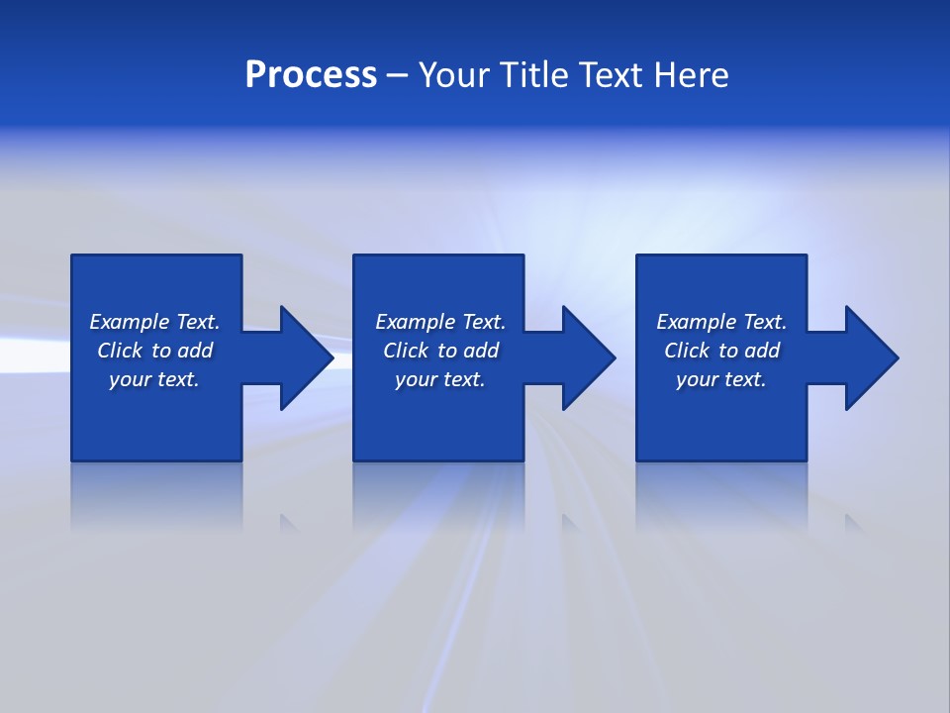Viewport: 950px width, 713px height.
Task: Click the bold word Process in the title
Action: coord(311,75)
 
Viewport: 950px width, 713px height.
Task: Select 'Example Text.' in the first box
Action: coord(154,322)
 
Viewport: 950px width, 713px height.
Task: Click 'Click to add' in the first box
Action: coord(154,351)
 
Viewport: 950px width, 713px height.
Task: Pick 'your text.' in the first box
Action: coord(154,379)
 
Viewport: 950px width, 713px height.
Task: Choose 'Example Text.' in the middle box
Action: coord(440,322)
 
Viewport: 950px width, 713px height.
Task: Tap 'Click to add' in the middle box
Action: coord(440,351)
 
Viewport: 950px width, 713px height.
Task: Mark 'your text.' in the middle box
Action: coord(440,379)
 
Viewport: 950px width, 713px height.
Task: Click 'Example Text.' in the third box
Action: coord(721,322)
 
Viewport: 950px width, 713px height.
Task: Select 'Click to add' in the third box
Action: coord(721,351)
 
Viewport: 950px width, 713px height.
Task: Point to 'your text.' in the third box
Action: coord(721,379)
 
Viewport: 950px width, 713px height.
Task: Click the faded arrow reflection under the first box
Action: coord(289,523)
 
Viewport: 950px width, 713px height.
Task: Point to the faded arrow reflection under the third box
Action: coord(853,523)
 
